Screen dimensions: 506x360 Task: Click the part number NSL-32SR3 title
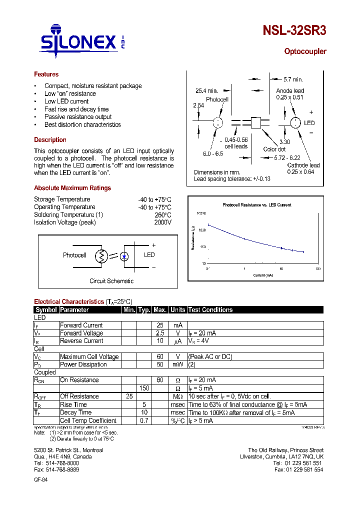(x=294, y=30)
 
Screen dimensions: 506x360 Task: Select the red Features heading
(x=46, y=74)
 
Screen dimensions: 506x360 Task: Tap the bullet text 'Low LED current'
(x=66, y=101)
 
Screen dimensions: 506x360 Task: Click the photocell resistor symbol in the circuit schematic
(x=102, y=256)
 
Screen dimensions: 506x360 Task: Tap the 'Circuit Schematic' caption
(x=111, y=281)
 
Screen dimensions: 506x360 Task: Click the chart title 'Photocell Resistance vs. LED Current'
(x=256, y=205)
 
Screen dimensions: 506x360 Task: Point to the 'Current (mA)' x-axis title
(x=262, y=275)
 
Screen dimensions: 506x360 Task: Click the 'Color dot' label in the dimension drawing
(x=274, y=149)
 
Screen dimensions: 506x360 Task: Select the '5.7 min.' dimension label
(x=293, y=79)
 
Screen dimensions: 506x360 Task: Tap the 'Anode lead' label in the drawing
(x=290, y=91)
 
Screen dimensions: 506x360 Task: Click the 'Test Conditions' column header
(x=210, y=310)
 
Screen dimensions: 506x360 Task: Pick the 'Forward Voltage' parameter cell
(x=81, y=333)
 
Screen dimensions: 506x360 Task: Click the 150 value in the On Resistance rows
(x=144, y=388)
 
